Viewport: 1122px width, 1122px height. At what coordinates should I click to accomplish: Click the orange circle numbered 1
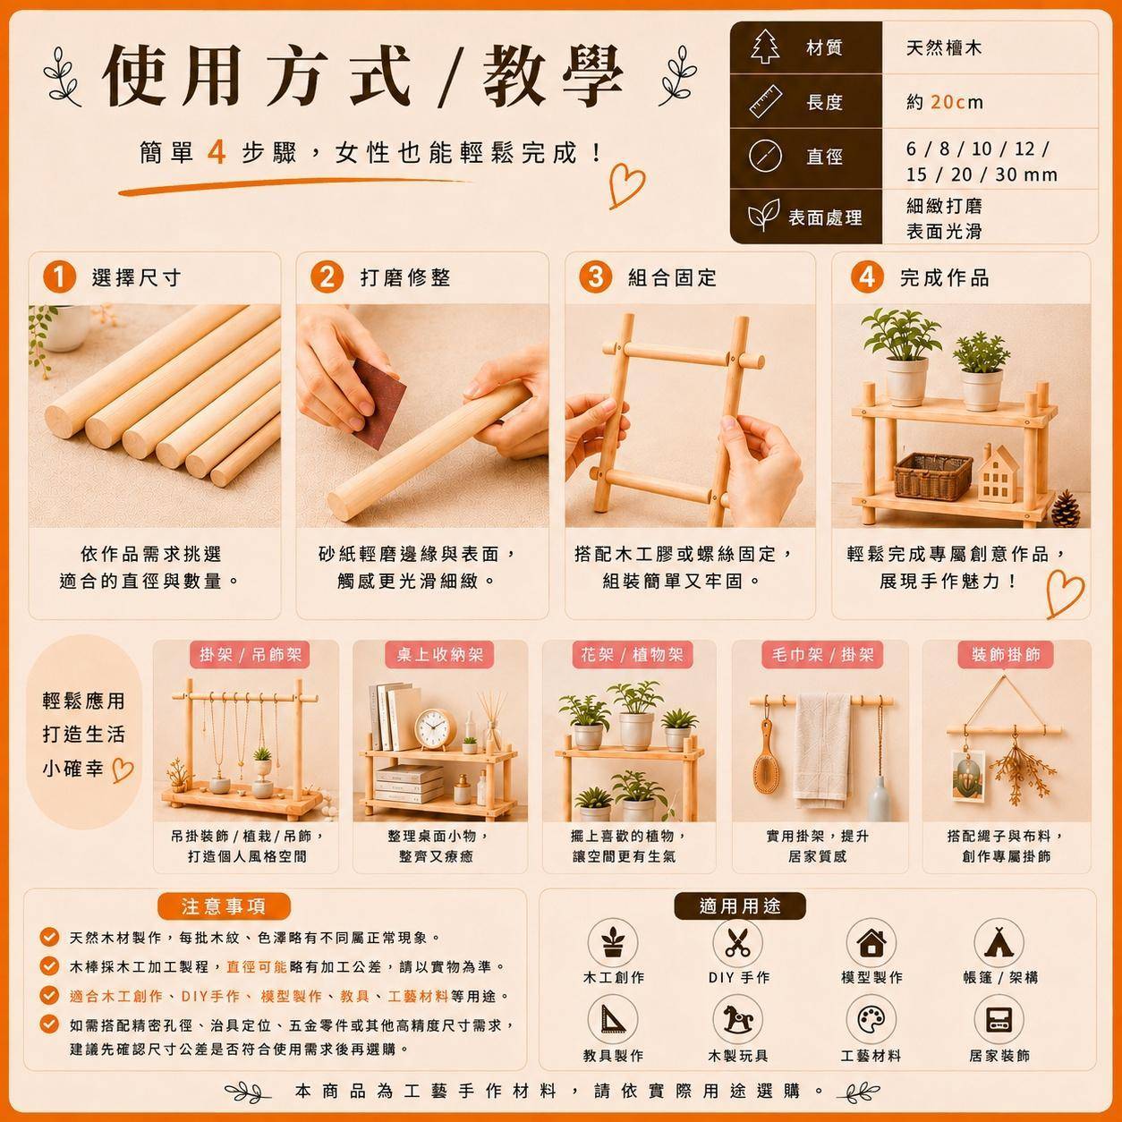click(59, 276)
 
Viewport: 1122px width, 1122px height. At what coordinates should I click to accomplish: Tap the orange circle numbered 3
click(595, 276)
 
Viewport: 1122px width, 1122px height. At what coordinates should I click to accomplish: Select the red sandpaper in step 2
click(378, 403)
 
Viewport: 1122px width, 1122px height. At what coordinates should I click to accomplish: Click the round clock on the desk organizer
click(435, 727)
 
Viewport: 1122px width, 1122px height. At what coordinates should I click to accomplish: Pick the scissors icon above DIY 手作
click(738, 941)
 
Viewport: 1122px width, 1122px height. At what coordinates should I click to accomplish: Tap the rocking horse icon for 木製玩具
click(738, 1019)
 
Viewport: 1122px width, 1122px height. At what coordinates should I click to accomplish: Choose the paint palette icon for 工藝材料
click(871, 1019)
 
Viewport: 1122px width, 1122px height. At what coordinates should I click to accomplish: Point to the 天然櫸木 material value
click(944, 47)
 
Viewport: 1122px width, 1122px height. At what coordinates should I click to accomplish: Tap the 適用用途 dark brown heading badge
click(740, 906)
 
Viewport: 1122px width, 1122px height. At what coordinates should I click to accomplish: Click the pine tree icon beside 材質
click(765, 46)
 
